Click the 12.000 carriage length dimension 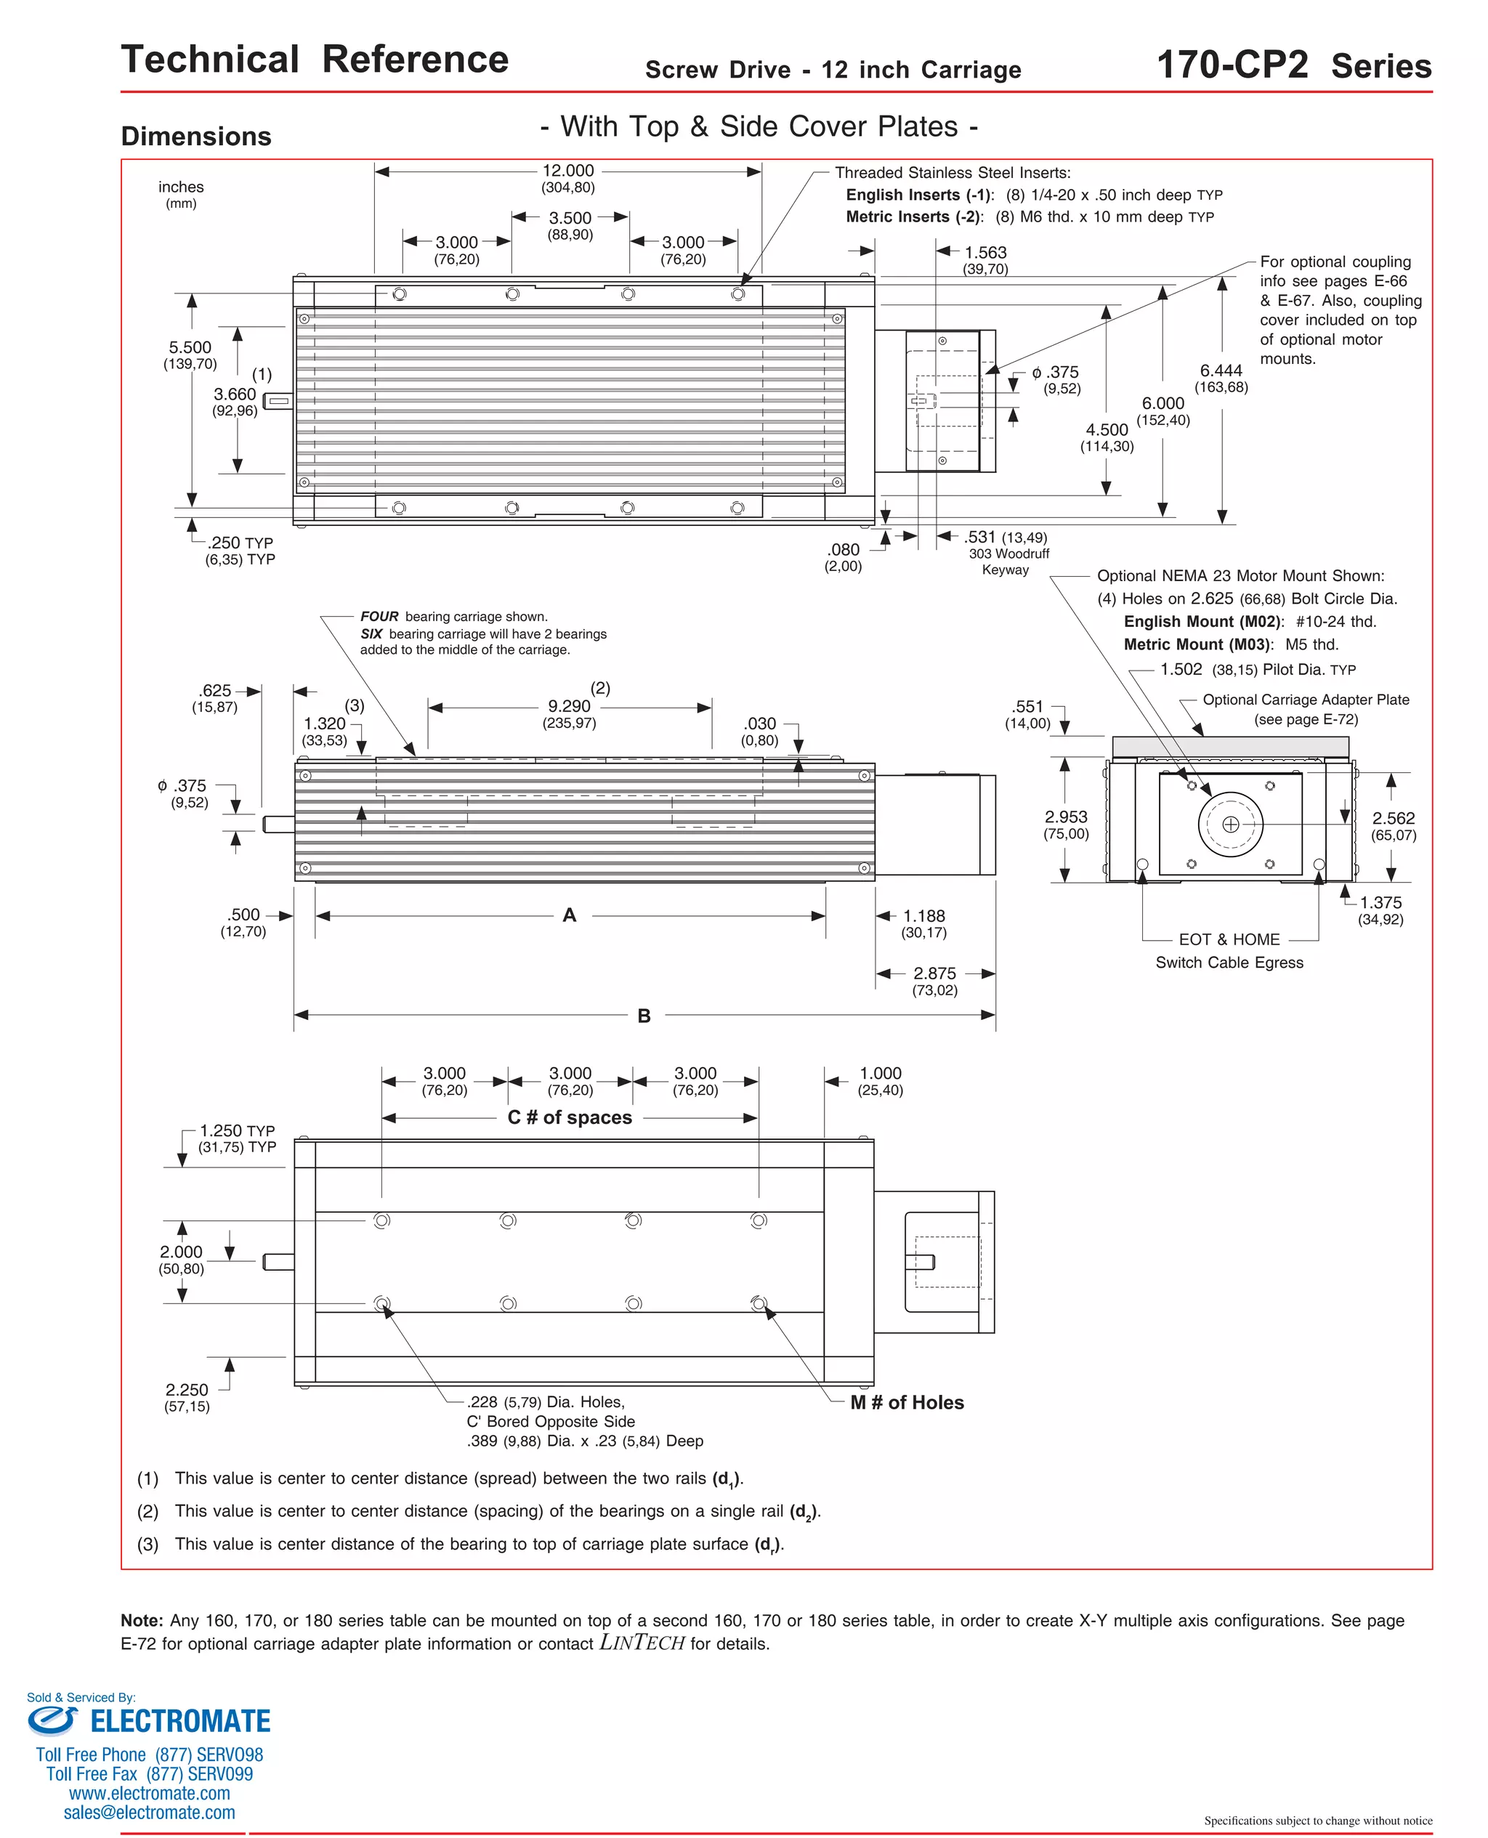point(567,171)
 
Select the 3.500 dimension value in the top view point(570,219)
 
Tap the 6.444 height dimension point(1221,371)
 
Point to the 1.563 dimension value point(985,253)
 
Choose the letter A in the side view point(569,915)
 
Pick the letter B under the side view point(644,1016)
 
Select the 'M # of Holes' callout point(907,1403)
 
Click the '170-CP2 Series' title point(1293,66)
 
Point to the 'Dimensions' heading point(196,137)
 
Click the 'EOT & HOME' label point(1229,940)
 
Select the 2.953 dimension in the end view point(1065,817)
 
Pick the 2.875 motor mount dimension point(934,973)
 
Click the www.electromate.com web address point(149,1794)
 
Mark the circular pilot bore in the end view point(1230,825)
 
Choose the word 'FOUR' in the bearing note point(379,617)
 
